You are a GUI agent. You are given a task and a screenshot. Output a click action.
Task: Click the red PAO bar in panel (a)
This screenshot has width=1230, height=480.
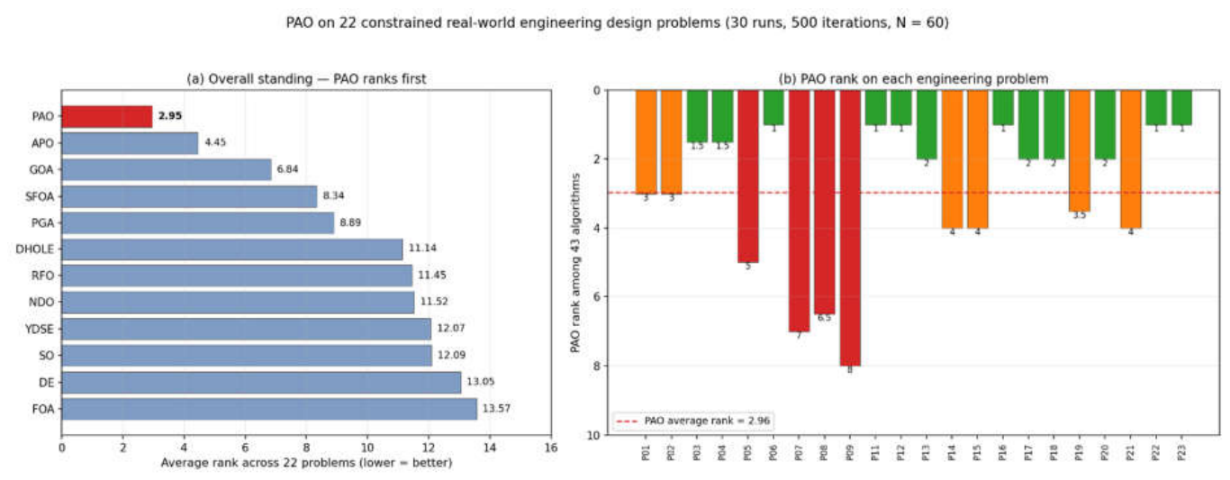pyautogui.click(x=107, y=116)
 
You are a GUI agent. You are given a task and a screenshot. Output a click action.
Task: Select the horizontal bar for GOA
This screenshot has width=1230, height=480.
pyautogui.click(x=167, y=169)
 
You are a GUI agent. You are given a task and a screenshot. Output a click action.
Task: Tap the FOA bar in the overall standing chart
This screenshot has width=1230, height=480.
pyautogui.click(x=269, y=409)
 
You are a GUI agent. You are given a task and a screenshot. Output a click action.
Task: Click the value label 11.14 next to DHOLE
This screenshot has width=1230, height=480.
pyautogui.click(x=422, y=249)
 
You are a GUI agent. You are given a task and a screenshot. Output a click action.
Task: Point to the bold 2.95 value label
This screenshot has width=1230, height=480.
pyautogui.click(x=170, y=116)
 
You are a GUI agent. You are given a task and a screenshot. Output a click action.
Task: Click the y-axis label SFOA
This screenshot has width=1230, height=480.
pyautogui.click(x=40, y=196)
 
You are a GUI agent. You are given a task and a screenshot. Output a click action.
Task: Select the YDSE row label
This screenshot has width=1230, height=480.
pyautogui.click(x=40, y=330)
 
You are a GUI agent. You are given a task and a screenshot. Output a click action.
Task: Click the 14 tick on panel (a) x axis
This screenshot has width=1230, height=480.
pyautogui.click(x=489, y=448)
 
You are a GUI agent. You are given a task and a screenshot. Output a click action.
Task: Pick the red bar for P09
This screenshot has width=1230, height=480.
pyautogui.click(x=850, y=228)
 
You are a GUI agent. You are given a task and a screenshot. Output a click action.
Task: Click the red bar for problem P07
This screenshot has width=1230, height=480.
pyautogui.click(x=799, y=211)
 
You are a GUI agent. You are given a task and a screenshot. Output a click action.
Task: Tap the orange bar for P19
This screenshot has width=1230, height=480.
pyautogui.click(x=1079, y=151)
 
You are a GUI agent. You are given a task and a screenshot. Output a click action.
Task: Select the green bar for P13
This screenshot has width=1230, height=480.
pyautogui.click(x=927, y=124)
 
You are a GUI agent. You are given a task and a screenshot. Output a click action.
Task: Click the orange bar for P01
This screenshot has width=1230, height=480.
pyautogui.click(x=646, y=142)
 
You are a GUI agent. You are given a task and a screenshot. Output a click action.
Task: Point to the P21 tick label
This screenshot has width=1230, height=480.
pyautogui.click(x=1131, y=453)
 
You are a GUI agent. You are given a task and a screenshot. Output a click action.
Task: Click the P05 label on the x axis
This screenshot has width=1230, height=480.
pyautogui.click(x=748, y=453)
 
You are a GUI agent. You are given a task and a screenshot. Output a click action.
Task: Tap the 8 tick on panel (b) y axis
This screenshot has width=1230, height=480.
pyautogui.click(x=596, y=366)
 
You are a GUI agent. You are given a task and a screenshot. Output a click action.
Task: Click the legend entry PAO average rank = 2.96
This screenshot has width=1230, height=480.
pyautogui.click(x=693, y=421)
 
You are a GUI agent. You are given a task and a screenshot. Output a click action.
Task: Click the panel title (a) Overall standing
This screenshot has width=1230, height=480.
pyautogui.click(x=306, y=79)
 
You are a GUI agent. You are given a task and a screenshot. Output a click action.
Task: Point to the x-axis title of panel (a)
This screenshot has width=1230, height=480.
pyautogui.click(x=306, y=463)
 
